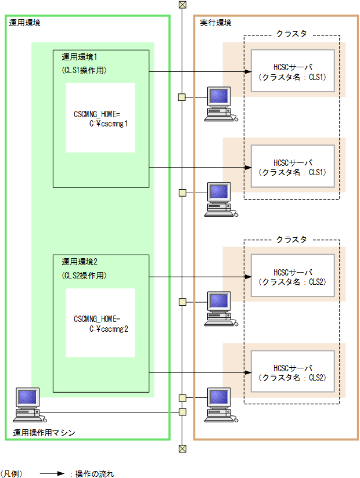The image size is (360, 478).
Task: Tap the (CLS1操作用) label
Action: [x=84, y=70]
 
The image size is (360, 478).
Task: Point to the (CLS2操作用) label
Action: [x=84, y=275]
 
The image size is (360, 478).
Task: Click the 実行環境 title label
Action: [x=215, y=23]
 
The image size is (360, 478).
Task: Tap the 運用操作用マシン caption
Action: [x=44, y=433]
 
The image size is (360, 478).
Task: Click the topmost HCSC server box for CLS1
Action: [x=293, y=71]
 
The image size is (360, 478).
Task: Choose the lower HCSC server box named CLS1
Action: [x=293, y=167]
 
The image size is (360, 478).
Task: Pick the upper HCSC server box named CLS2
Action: [x=293, y=277]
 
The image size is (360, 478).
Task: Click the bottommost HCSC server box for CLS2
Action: [x=293, y=372]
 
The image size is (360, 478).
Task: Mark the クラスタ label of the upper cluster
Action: [x=291, y=34]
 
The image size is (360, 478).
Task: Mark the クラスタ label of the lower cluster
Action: [x=291, y=239]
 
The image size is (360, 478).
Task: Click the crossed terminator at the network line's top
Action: [x=182, y=5]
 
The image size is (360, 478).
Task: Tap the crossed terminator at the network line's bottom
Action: [x=182, y=448]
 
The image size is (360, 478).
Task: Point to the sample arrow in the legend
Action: [x=52, y=473]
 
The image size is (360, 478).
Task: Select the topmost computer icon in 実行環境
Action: [x=219, y=103]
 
